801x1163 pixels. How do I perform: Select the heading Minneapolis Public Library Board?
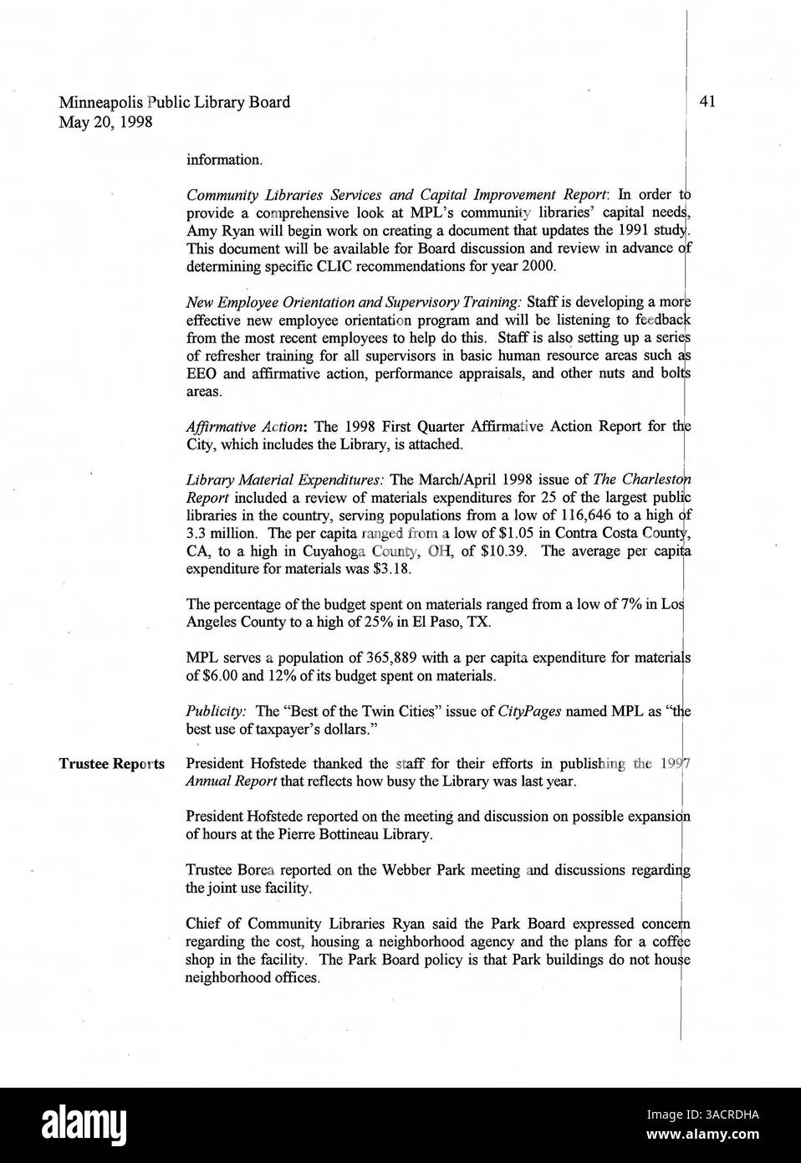[174, 102]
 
